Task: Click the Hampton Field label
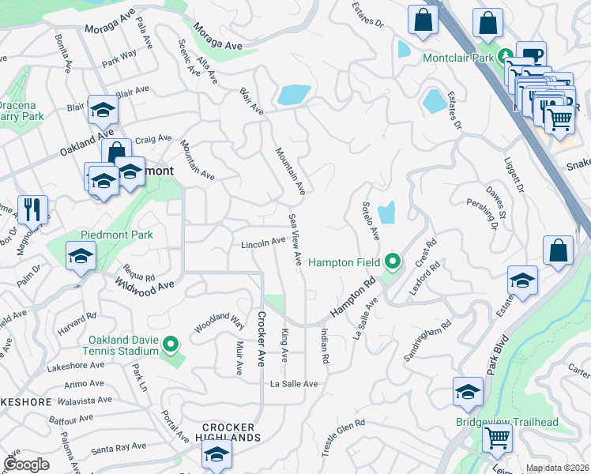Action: click(x=345, y=262)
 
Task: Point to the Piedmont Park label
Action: click(x=116, y=235)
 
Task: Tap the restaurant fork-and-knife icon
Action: click(x=32, y=209)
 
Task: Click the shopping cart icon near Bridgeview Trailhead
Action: click(x=497, y=436)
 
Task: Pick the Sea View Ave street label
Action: click(x=295, y=239)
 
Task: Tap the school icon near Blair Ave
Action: click(x=103, y=111)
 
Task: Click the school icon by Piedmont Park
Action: click(x=81, y=256)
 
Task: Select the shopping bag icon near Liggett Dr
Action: click(x=558, y=250)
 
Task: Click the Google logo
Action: click(x=26, y=465)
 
